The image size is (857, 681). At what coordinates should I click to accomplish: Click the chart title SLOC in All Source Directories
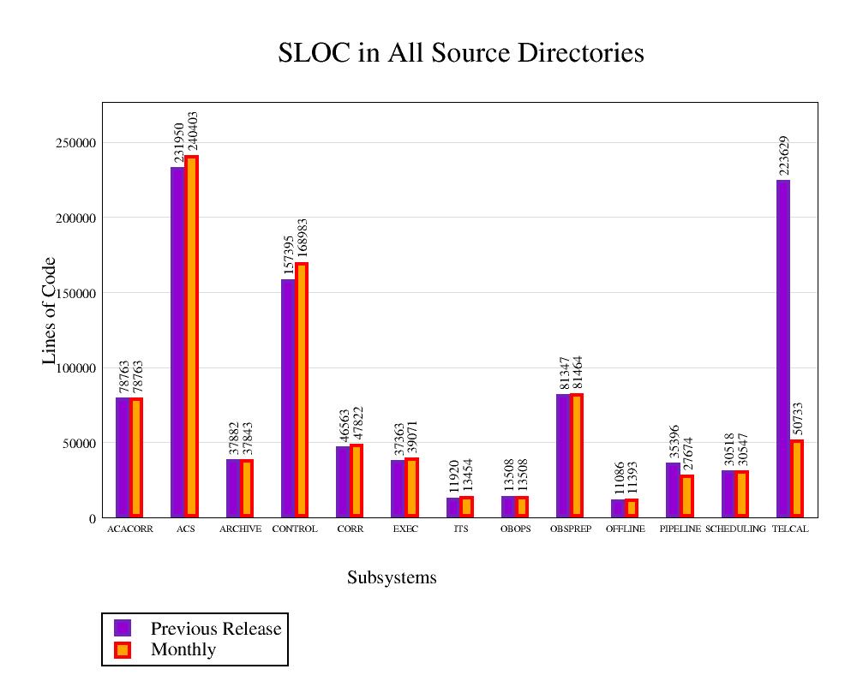(461, 53)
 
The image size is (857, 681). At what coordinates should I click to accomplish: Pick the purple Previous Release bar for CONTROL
(288, 397)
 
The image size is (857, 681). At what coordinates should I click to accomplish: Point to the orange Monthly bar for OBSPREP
(577, 455)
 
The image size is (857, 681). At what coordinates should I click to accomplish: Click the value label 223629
(784, 155)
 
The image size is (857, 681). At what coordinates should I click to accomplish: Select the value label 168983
(302, 241)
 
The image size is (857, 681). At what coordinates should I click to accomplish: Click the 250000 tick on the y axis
(75, 143)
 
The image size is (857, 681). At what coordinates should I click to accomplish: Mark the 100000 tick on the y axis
(75, 368)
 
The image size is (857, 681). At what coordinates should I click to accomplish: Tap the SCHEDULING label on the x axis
(735, 529)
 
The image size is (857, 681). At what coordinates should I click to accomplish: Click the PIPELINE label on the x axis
(680, 529)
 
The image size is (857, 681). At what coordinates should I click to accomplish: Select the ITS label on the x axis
(461, 529)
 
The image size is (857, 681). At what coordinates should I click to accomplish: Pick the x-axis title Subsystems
(392, 578)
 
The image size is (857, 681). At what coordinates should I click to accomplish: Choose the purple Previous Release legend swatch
(123, 628)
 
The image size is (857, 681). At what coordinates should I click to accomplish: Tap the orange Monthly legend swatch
(123, 649)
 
